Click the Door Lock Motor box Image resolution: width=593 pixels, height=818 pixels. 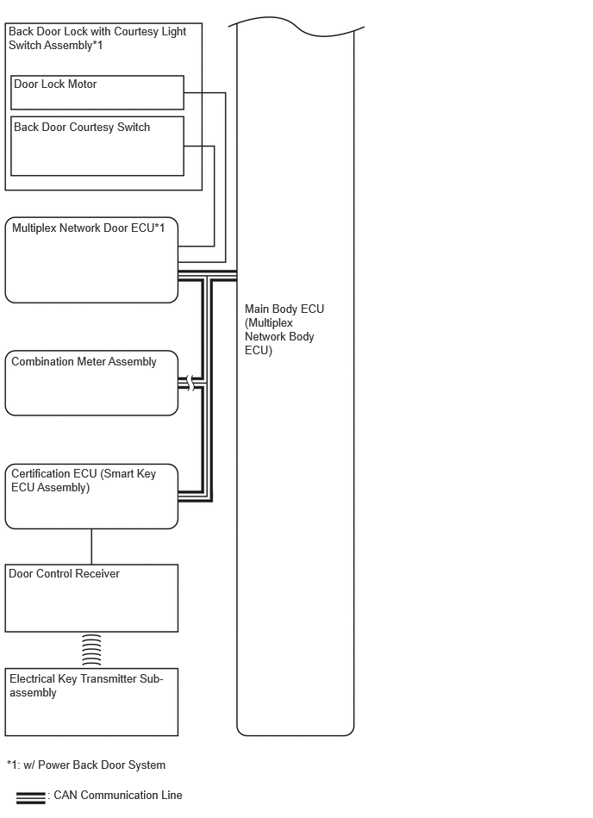tap(97, 92)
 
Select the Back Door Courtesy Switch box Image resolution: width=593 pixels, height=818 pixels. tap(97, 146)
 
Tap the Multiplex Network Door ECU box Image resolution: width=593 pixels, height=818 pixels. tap(91, 260)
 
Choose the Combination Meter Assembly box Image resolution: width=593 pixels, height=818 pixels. tap(91, 383)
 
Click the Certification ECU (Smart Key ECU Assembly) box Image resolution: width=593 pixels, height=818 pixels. tap(91, 496)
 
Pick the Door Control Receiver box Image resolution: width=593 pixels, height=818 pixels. tap(91, 598)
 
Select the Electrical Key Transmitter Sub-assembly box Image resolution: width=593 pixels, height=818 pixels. tap(91, 702)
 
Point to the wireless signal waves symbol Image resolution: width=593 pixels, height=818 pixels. tap(91, 650)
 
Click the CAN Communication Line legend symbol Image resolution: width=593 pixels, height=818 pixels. tap(31, 798)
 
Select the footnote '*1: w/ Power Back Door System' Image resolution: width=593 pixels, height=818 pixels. tap(86, 765)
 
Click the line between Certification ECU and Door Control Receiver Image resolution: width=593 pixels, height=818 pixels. tap(91, 546)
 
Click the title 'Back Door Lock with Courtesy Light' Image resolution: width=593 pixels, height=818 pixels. tap(97, 31)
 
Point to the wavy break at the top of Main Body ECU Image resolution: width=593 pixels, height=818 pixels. tap(296, 26)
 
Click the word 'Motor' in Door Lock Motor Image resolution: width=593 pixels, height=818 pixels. tap(82, 84)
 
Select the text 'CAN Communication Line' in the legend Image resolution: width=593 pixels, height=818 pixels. tap(118, 795)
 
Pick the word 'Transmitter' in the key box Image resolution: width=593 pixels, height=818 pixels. tap(109, 678)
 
